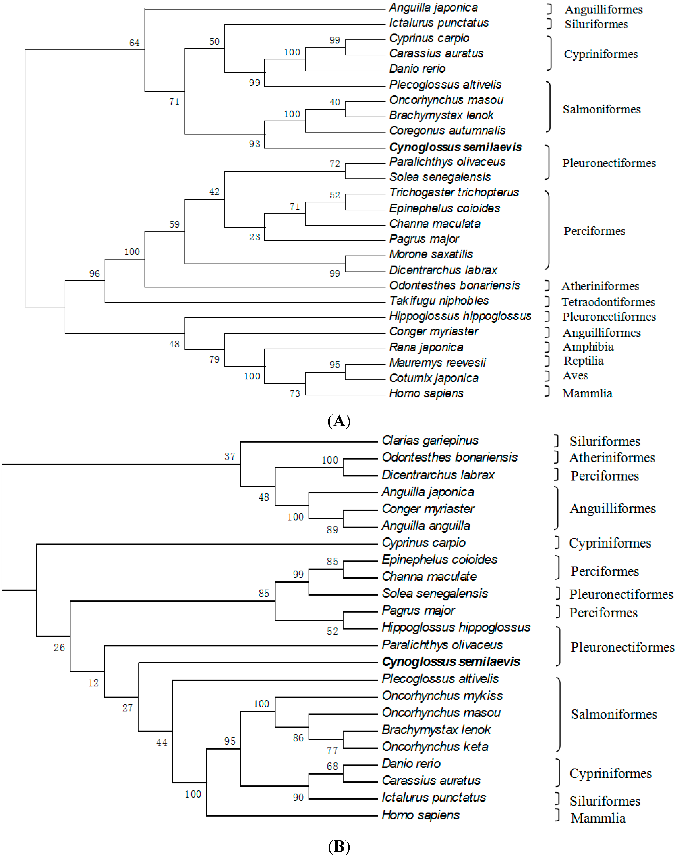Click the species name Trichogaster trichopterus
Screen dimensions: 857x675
454,193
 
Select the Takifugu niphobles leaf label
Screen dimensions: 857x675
439,301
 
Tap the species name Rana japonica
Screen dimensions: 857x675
426,347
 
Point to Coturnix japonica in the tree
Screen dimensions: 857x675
434,378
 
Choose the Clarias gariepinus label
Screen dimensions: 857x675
430,440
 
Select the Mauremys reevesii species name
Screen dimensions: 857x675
437,363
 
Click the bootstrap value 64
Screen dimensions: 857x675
134,43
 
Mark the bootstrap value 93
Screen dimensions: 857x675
255,144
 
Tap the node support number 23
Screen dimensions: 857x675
255,237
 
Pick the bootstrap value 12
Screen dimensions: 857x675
93,683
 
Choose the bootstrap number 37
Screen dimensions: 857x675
230,457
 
